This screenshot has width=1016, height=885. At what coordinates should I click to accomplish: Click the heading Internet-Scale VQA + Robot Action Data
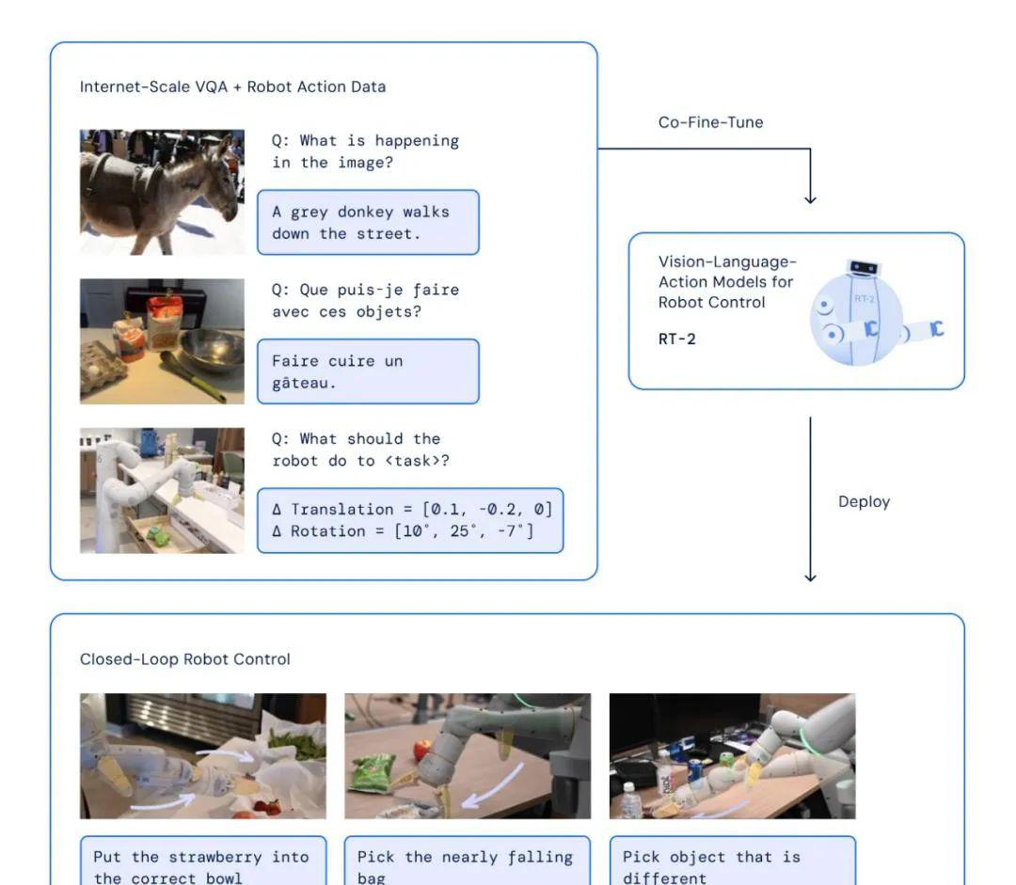point(232,87)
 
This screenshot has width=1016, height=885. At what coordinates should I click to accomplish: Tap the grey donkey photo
point(162,193)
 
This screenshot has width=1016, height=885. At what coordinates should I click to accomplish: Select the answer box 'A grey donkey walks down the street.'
point(368,222)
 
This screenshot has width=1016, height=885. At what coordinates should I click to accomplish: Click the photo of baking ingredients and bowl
point(162,341)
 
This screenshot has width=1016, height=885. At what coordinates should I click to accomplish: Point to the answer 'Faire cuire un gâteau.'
point(368,371)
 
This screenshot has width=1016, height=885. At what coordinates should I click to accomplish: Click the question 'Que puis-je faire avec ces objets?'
point(365,301)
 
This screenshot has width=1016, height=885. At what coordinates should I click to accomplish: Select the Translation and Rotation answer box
point(410,520)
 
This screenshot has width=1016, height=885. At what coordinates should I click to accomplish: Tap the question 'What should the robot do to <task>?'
point(360,450)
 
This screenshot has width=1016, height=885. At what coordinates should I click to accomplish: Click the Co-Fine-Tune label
point(711,122)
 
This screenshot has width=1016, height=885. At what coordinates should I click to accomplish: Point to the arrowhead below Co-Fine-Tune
point(810,199)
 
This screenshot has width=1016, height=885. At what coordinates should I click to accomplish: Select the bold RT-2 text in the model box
point(677,339)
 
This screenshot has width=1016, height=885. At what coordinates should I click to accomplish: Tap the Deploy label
point(864,502)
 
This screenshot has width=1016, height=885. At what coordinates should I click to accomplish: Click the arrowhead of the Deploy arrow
point(810,577)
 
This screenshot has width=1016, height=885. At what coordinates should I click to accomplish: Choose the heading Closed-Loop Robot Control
point(184,659)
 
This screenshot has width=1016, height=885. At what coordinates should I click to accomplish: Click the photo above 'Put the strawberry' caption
point(203,756)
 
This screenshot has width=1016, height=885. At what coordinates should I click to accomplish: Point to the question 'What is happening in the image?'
point(365,151)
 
